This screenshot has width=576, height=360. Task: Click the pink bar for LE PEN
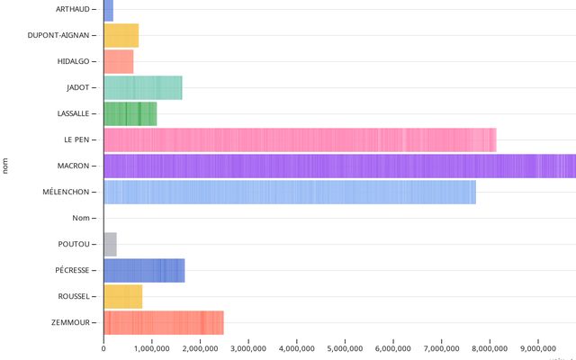coord(300,139)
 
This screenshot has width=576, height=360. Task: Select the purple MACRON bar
coord(339,166)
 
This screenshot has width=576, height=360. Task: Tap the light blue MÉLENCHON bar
coord(290,192)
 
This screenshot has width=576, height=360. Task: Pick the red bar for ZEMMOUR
coord(164,322)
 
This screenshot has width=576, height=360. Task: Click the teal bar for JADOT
coord(143,87)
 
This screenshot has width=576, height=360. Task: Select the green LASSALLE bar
coord(130,113)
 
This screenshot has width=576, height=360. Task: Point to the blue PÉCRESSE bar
coord(144,270)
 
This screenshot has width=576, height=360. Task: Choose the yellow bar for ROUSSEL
coord(123,296)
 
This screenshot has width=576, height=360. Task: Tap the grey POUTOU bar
coord(111,244)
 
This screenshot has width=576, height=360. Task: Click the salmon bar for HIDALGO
coord(119,61)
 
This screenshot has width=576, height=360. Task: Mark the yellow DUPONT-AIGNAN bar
coord(121,35)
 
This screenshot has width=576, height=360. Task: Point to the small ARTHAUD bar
coord(109,10)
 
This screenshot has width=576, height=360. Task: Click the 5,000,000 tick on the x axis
coord(345,348)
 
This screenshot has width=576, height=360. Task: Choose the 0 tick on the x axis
coord(103,348)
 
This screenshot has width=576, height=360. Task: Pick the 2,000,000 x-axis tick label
coord(200,348)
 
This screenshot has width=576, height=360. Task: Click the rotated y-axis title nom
coord(6,166)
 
